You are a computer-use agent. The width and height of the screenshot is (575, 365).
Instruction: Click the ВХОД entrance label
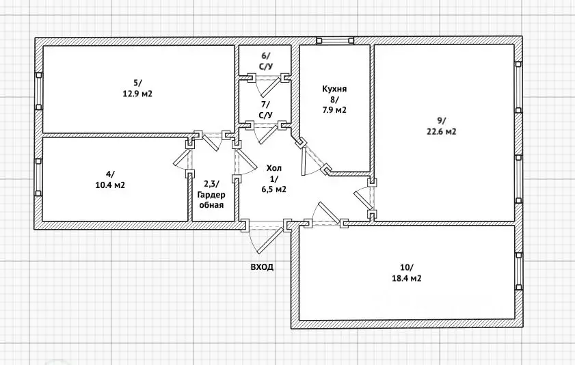click(262, 267)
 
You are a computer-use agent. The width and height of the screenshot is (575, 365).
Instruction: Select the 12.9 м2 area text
click(137, 94)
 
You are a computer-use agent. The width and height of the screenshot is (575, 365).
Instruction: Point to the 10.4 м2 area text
click(110, 185)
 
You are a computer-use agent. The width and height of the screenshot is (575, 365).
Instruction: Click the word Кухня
click(334, 89)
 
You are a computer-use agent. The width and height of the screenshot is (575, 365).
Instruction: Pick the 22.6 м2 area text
click(441, 131)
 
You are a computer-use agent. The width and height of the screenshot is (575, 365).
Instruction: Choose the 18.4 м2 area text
click(407, 278)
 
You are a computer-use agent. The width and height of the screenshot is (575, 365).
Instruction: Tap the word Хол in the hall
click(274, 169)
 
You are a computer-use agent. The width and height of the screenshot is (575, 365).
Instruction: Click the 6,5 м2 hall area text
click(274, 189)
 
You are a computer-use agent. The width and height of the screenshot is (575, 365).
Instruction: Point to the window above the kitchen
click(335, 40)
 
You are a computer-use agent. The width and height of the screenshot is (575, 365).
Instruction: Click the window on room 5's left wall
click(38, 92)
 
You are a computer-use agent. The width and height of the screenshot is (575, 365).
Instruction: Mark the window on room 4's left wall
click(38, 177)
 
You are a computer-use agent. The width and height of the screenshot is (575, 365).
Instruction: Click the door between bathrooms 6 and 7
click(267, 85)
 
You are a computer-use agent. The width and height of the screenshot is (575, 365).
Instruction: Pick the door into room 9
click(364, 198)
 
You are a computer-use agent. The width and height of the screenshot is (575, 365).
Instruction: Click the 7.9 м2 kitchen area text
click(334, 110)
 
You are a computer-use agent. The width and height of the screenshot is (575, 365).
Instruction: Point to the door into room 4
click(183, 159)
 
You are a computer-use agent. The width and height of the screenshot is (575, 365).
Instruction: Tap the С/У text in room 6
click(266, 67)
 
